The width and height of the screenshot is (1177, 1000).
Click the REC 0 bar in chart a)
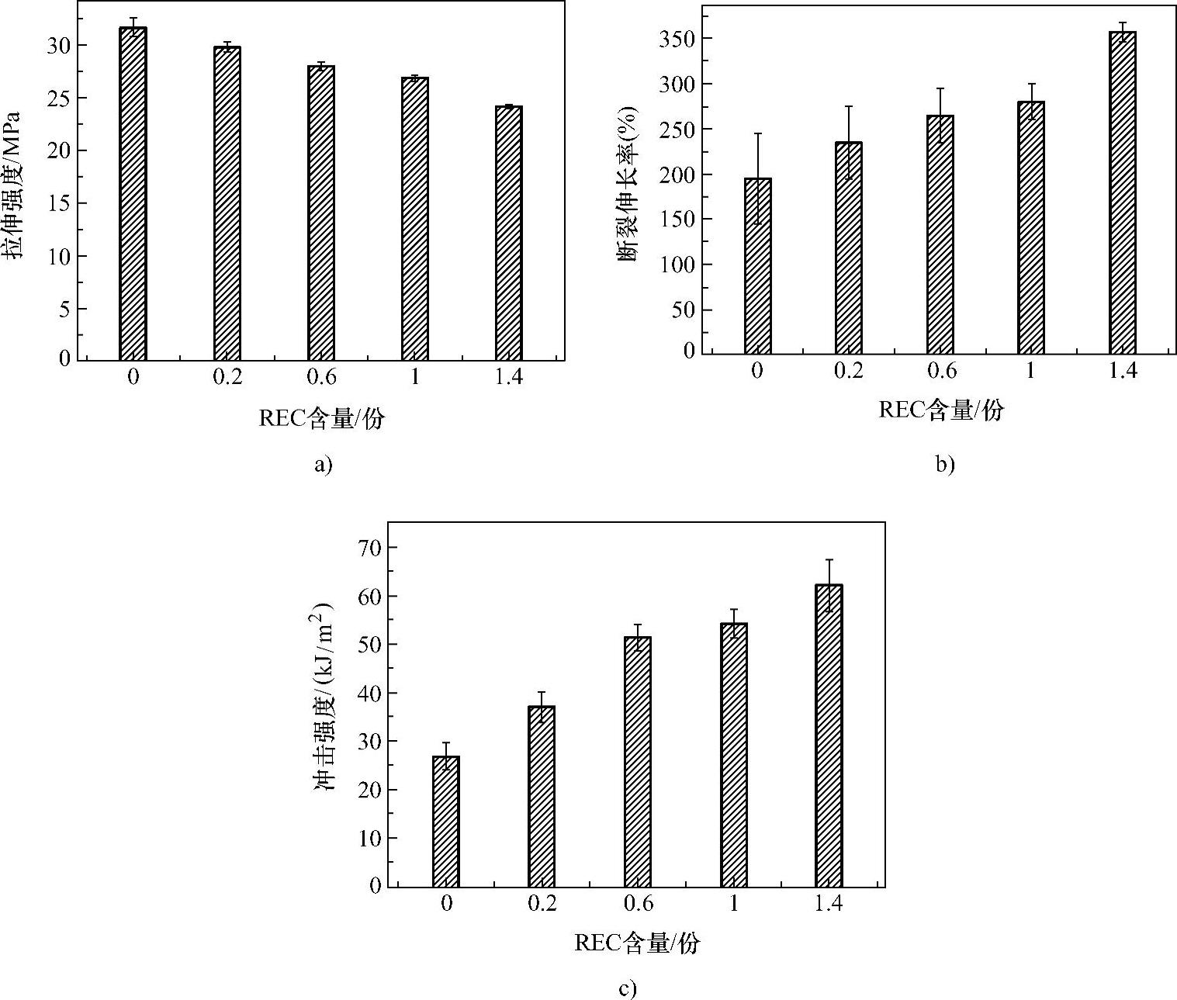click(x=133, y=194)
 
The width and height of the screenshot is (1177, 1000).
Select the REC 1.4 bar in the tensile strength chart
click(x=509, y=233)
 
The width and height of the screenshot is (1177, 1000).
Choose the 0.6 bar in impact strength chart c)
click(x=638, y=761)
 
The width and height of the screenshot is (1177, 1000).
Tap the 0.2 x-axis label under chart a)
click(x=227, y=378)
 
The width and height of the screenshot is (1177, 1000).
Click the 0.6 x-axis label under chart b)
click(x=941, y=371)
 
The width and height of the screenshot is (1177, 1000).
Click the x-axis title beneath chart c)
click(x=637, y=943)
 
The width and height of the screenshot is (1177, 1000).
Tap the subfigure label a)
click(x=322, y=465)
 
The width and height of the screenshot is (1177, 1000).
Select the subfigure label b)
click(x=944, y=465)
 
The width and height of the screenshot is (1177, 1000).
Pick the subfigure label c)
click(x=628, y=990)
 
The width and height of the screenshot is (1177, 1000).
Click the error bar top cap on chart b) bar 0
click(x=757, y=133)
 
